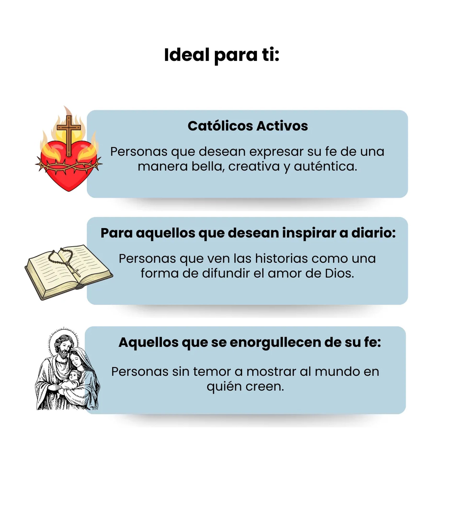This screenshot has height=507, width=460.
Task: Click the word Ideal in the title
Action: tap(186, 55)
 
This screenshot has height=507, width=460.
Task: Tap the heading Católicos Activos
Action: tap(248, 126)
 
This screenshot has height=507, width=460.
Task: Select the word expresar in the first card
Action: tap(276, 152)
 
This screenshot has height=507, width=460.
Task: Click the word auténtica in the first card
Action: tap(325, 166)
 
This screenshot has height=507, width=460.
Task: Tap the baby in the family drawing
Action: tap(73, 377)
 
